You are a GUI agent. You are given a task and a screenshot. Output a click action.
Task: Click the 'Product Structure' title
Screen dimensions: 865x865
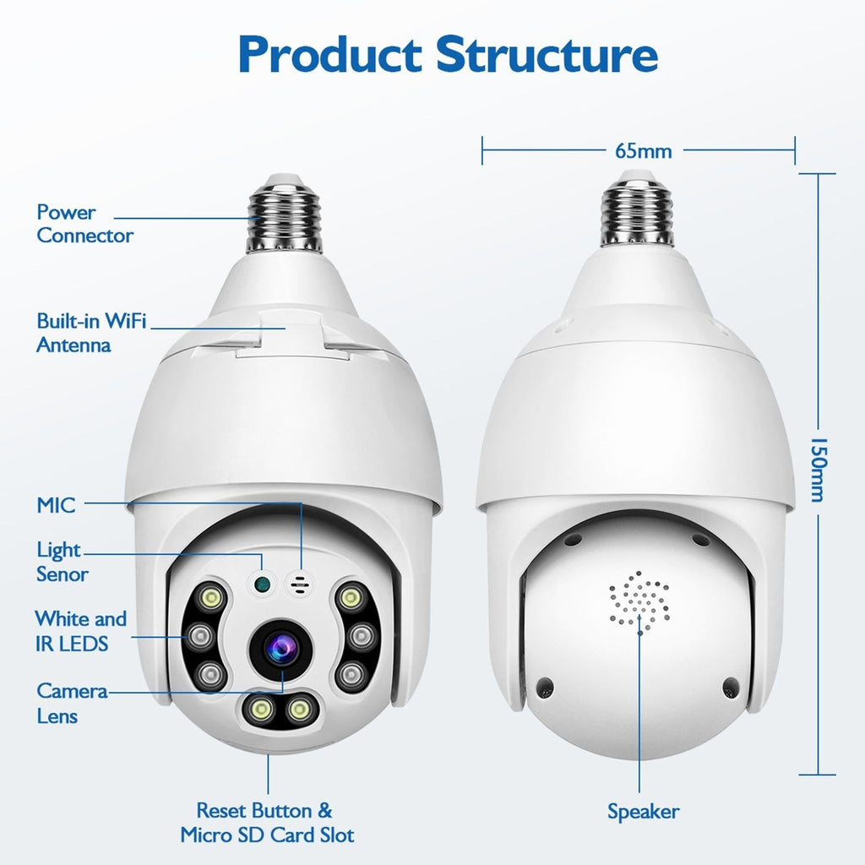[448, 54]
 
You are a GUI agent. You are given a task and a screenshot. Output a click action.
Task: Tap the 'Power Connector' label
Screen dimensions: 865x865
[84, 224]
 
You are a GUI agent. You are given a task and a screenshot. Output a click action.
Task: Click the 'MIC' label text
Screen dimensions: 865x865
[56, 506]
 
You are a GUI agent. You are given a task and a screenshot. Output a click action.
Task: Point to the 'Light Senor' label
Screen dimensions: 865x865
[62, 562]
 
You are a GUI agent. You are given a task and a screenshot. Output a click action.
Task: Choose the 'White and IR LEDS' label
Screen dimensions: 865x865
[80, 631]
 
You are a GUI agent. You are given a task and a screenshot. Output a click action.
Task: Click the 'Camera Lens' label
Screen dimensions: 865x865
[71, 704]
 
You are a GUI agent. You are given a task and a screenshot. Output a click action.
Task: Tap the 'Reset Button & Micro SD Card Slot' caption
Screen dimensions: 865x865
[267, 823]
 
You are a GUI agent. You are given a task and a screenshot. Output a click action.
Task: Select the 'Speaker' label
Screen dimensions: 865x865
[643, 812]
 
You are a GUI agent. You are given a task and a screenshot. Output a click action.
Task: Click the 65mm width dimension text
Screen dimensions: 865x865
[644, 152]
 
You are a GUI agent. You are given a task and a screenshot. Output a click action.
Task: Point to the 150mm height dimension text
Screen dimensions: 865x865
[817, 470]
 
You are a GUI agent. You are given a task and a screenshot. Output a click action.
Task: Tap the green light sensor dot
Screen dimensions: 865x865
[261, 582]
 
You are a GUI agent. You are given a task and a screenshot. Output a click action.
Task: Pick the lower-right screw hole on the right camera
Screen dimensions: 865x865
[732, 687]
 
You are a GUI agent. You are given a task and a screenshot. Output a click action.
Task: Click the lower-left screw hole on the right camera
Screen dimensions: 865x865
[545, 687]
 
